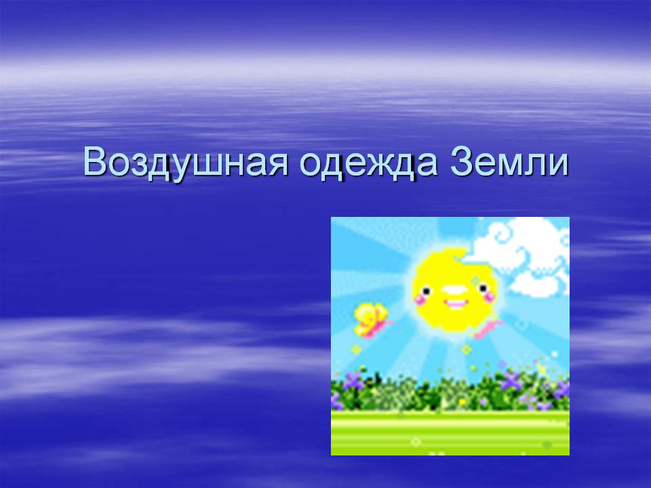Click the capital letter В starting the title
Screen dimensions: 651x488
pyautogui.click(x=96, y=161)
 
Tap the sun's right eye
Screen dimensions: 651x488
pyautogui.click(x=484, y=287)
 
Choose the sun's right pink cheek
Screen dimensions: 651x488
pyautogui.click(x=490, y=295)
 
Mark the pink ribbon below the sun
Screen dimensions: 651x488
pyautogui.click(x=488, y=328)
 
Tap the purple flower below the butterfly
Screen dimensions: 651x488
pyautogui.click(x=354, y=380)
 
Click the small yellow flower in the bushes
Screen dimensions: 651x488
pyautogui.click(x=462, y=401)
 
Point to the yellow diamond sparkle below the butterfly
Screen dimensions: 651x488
pyautogui.click(x=355, y=350)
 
